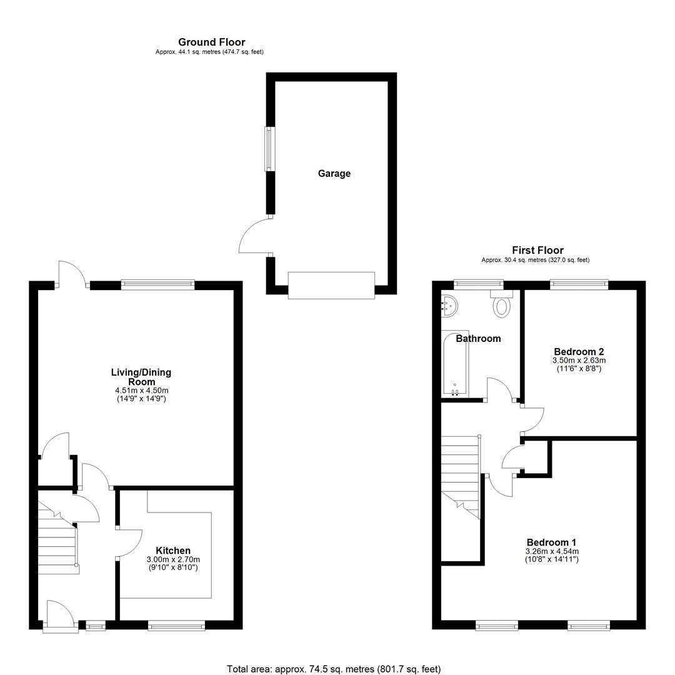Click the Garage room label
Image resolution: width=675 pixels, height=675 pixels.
click(x=334, y=174)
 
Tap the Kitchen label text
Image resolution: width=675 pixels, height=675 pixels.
click(x=173, y=551)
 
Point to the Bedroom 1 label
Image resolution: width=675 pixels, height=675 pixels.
click(x=551, y=542)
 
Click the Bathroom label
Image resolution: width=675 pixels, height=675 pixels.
click(x=478, y=338)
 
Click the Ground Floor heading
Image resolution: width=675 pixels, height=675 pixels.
click(x=212, y=42)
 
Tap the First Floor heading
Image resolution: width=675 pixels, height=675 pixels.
click(x=537, y=250)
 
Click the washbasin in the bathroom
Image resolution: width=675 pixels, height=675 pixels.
click(x=449, y=306)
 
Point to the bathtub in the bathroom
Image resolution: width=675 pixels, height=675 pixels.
click(x=455, y=364)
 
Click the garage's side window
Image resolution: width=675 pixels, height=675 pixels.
click(x=269, y=149)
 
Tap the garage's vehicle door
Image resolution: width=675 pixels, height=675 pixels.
click(x=331, y=286)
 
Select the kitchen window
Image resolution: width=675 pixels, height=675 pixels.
click(x=176, y=626)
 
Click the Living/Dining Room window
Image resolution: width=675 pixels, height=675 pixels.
click(x=158, y=284)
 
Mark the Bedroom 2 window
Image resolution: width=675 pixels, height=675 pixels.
click(x=579, y=284)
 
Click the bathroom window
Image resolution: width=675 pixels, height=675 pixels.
click(x=479, y=284)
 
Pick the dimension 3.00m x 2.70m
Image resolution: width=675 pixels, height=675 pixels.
click(x=173, y=559)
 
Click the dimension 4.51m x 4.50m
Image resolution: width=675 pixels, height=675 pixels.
click(x=141, y=391)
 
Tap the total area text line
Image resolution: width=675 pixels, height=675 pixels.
click(x=334, y=669)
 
